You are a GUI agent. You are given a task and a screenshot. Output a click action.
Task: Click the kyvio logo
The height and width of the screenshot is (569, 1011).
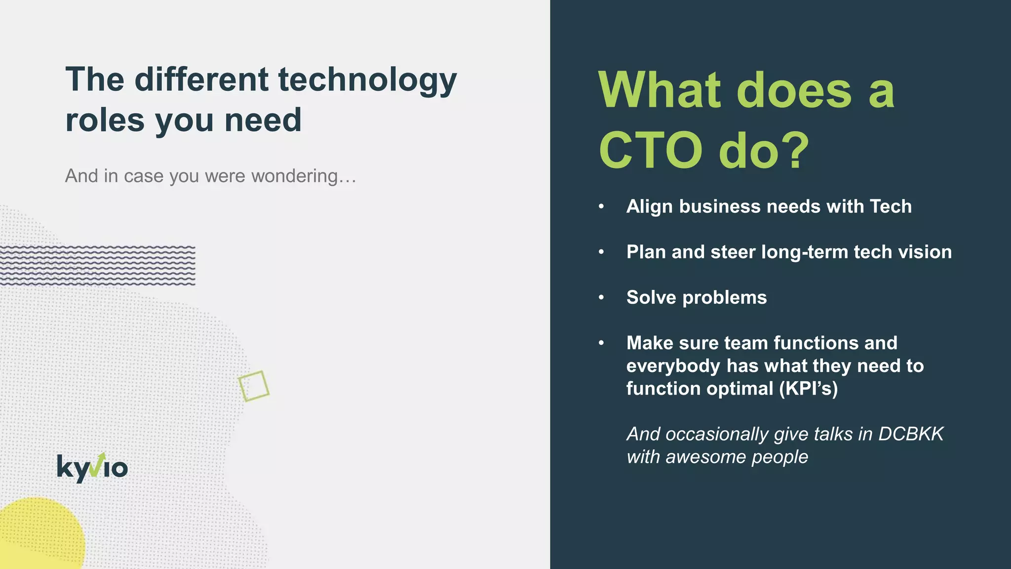pyautogui.click(x=92, y=467)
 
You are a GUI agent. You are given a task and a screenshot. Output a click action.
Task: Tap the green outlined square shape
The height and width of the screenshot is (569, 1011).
pyautogui.click(x=254, y=386)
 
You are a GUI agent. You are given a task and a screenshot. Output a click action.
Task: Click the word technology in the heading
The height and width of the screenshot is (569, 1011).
pyautogui.click(x=367, y=80)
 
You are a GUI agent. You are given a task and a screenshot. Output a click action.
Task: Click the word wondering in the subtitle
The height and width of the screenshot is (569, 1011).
pyautogui.click(x=304, y=176)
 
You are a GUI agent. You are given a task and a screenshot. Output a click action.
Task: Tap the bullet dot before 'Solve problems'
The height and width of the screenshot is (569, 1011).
pyautogui.click(x=601, y=297)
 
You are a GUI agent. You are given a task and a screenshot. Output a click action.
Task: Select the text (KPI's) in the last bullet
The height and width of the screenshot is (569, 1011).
pyautogui.click(x=809, y=389)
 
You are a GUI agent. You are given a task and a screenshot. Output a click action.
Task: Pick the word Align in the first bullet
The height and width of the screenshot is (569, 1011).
pyautogui.click(x=650, y=206)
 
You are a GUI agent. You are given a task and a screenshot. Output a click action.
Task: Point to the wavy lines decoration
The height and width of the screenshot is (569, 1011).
pyautogui.click(x=98, y=265)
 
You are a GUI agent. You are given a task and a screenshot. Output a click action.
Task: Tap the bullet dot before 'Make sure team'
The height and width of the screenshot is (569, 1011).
pyautogui.click(x=601, y=343)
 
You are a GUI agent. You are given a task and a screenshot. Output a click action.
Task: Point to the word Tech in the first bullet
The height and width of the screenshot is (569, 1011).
pyautogui.click(x=891, y=206)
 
